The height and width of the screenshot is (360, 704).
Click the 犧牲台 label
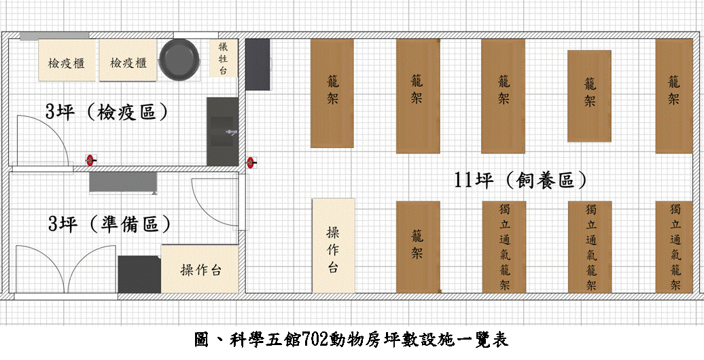point(223,58)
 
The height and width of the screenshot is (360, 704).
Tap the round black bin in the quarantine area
point(179,60)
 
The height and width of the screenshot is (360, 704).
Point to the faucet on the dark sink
point(231,132)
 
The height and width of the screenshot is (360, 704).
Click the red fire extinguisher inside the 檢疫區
point(91,160)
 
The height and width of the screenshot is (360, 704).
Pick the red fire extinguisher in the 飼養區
point(251,163)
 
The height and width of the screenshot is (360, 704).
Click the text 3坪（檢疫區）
point(107,112)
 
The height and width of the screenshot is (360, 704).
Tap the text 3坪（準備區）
point(109,223)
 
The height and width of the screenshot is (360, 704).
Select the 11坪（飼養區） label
point(521,181)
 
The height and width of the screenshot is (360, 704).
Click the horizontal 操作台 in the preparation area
point(200,269)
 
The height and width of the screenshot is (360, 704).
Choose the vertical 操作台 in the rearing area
point(334,245)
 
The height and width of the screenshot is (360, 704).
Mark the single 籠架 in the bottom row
point(417,247)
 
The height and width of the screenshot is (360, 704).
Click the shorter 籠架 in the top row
point(590,96)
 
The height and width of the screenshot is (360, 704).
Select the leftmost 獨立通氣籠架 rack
point(504,247)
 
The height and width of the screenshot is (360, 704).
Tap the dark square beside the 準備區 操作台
point(139,274)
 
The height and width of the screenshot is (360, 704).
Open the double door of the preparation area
point(66,270)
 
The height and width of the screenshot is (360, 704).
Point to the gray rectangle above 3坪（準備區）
point(124,183)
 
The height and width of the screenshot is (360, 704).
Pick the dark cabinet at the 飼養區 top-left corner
point(258,65)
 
